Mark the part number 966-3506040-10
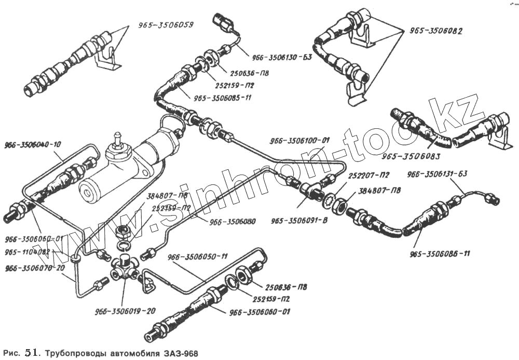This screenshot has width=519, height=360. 33,144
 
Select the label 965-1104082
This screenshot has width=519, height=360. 27,252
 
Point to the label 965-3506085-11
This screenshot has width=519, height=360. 224,97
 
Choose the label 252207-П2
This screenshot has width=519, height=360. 370,175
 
